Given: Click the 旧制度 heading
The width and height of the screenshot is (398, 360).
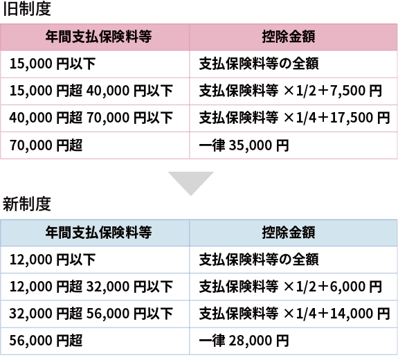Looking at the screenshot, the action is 27,9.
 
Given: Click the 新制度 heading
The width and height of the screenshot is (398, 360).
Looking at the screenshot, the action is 27,204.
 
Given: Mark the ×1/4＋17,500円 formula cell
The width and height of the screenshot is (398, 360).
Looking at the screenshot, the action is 294,118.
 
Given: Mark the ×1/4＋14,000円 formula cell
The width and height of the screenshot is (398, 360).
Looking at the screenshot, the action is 294,314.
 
